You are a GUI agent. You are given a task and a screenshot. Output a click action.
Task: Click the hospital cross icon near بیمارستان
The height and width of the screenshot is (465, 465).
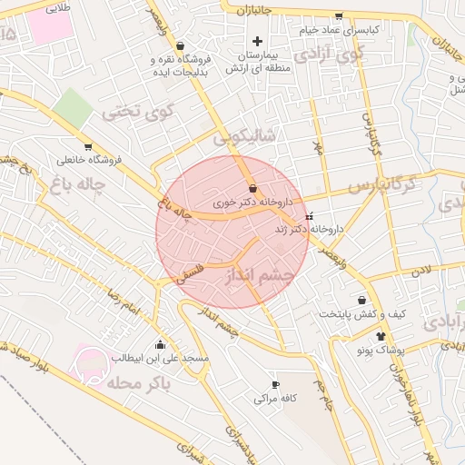click(x=258, y=41)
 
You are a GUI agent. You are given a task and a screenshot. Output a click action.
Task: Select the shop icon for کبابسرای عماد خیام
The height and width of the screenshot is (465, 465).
click(x=339, y=16)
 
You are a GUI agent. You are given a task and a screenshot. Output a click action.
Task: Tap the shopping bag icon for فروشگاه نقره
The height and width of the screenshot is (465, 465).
click(x=180, y=45)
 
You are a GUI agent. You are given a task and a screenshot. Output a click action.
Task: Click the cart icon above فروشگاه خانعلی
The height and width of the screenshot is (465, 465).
click(x=88, y=147)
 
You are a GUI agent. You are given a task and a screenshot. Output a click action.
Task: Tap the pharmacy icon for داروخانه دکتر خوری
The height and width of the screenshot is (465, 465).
click(x=252, y=189)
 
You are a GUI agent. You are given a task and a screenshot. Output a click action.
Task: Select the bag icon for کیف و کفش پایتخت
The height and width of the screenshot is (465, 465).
click(x=362, y=300)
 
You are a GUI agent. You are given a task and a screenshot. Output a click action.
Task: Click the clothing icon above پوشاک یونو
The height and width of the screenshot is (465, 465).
click(x=368, y=335)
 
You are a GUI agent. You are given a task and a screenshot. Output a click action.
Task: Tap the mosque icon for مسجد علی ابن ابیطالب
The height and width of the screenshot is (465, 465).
click(x=161, y=344)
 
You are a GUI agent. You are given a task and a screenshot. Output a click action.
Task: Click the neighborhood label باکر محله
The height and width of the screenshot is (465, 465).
click(x=138, y=384)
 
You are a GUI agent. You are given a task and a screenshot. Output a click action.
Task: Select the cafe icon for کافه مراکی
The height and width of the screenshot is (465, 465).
click(x=276, y=385)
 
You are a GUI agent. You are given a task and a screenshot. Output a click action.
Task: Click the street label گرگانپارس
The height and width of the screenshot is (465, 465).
click(x=382, y=186)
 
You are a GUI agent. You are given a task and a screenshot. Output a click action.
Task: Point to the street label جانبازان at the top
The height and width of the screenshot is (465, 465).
click(x=255, y=10)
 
